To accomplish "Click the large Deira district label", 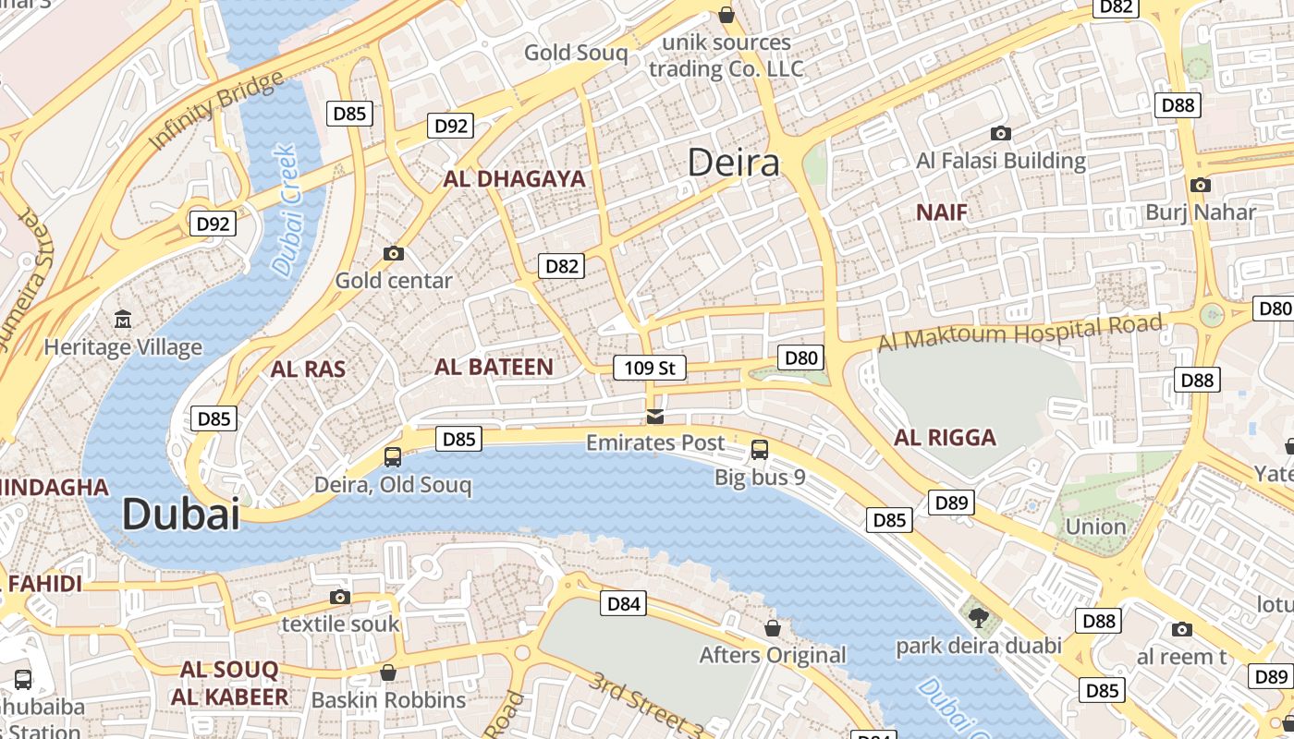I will [x=734, y=164].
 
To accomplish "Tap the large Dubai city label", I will [x=180, y=514].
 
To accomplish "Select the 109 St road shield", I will [x=650, y=368].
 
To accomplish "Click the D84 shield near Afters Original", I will [x=622, y=604].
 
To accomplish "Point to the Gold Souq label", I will [x=575, y=53].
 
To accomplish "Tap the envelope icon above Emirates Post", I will [x=655, y=417].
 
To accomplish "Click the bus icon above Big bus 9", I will [x=759, y=450].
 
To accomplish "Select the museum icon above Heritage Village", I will [x=122, y=320].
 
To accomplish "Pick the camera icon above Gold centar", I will [x=393, y=253].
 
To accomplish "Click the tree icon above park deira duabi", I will [x=978, y=617].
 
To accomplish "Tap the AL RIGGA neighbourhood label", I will [x=945, y=438].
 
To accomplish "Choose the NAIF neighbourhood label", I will [x=941, y=212].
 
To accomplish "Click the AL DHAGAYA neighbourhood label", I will [x=514, y=179].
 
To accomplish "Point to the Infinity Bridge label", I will [x=216, y=111].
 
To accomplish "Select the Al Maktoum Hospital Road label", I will [x=1019, y=333].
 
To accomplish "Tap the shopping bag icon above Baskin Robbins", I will [x=388, y=672].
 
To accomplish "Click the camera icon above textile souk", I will [x=340, y=597].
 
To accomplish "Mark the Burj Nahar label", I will [x=1200, y=212].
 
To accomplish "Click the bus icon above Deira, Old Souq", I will [x=393, y=456].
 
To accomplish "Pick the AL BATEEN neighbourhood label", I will [x=494, y=367].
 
